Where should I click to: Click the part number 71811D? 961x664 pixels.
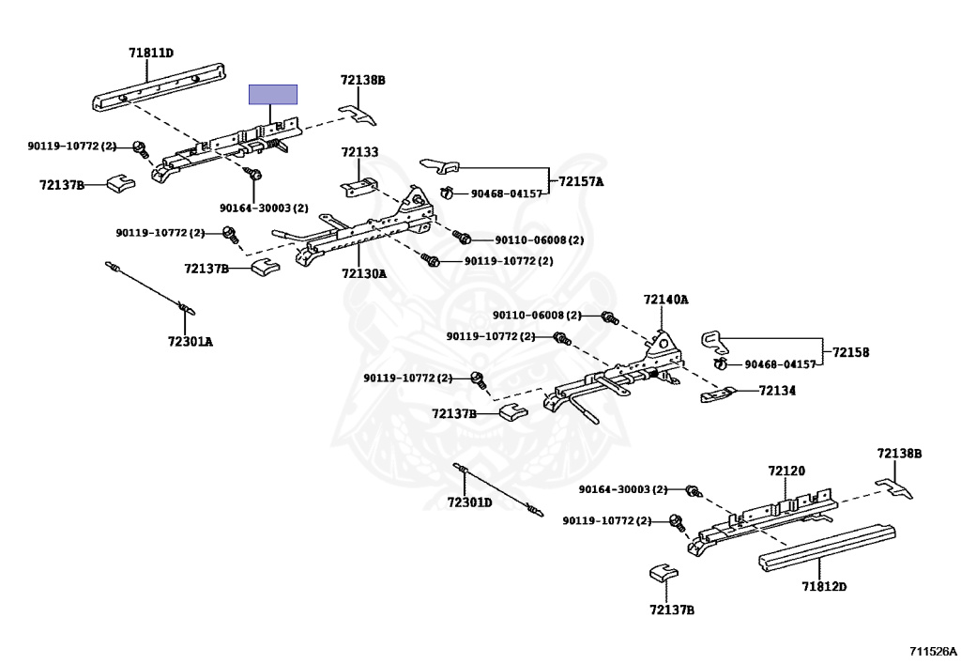151,53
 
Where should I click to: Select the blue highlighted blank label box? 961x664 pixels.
273,95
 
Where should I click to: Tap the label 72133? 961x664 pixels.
359,152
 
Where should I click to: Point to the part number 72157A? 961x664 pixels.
580,181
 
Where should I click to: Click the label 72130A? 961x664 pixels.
364,273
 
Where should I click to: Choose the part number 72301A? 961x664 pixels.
190,342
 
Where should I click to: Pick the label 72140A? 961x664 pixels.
665,300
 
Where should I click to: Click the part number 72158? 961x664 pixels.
850,352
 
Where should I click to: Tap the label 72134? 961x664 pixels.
777,391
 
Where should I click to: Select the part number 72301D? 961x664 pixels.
469,502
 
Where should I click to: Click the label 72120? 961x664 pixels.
786,471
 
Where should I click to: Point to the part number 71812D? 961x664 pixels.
824,587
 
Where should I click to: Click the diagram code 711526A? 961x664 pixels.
933,651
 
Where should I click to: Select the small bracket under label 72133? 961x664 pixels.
359,187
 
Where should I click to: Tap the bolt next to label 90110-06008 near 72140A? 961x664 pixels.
610,318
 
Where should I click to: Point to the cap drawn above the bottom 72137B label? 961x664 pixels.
664,572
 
